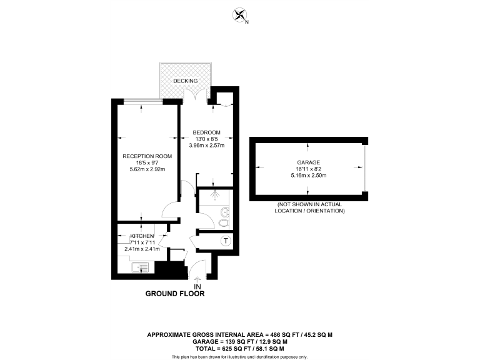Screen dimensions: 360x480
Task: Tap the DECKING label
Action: pyautogui.click(x=186, y=81)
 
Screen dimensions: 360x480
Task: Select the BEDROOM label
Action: pyautogui.click(x=206, y=132)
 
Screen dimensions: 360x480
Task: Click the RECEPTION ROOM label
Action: pyautogui.click(x=145, y=156)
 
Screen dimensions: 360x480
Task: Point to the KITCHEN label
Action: pyautogui.click(x=142, y=236)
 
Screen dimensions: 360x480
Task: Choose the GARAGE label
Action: pyautogui.click(x=308, y=162)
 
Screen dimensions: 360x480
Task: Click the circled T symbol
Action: pyautogui.click(x=226, y=241)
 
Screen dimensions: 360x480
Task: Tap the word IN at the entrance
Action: pyautogui.click(x=197, y=286)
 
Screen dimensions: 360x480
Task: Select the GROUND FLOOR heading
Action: pyautogui.click(x=175, y=293)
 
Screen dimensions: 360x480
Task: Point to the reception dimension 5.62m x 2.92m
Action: pyautogui.click(x=146, y=169)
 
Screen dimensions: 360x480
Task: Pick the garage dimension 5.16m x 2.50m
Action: pyautogui.click(x=308, y=176)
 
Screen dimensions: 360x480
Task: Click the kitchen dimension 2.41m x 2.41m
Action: pyautogui.click(x=142, y=249)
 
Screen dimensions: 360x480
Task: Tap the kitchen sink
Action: pyautogui.click(x=142, y=267)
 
